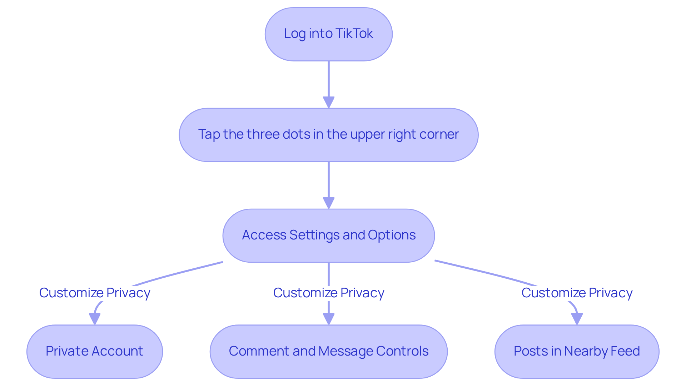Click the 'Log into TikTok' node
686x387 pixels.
coord(328,34)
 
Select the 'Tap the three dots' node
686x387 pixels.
coord(328,135)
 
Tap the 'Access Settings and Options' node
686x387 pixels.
coord(328,235)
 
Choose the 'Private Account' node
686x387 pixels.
coord(94,351)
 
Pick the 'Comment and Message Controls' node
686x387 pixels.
coord(328,351)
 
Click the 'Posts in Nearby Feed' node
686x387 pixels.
coord(577,351)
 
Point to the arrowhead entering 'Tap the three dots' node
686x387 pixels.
coord(328,103)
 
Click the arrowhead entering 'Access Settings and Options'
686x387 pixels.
coord(328,203)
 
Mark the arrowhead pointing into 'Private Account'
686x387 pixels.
coord(94,319)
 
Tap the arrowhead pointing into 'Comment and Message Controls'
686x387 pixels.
coord(328,319)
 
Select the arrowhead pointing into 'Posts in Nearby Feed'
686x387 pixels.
coord(577,319)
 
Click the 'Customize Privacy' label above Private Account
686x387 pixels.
coord(94,293)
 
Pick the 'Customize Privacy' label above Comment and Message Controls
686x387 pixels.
coord(328,293)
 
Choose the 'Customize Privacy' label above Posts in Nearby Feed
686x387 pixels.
coord(577,293)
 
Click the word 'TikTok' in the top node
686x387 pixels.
coord(354,34)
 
